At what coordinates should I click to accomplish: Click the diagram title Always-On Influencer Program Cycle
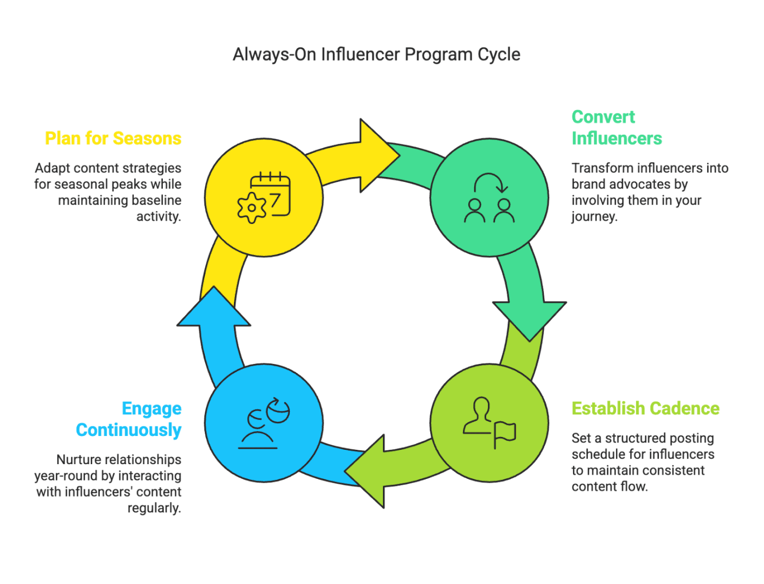376,55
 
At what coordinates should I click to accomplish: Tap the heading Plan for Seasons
113,138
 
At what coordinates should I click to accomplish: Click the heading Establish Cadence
646,408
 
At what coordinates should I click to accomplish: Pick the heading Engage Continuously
129,419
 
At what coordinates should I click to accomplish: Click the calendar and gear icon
264,197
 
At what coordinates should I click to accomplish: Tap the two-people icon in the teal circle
489,198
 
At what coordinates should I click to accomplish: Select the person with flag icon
489,423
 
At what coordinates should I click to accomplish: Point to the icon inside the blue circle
264,423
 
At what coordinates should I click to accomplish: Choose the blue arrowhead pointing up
214,309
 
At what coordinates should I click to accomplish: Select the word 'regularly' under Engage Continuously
154,508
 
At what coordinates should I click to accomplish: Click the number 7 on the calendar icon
274,201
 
